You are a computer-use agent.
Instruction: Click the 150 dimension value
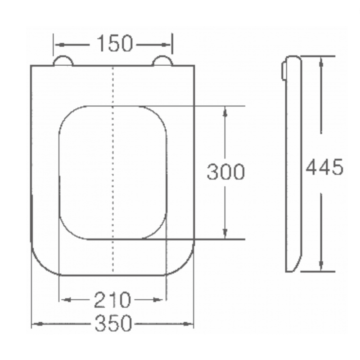(114, 44)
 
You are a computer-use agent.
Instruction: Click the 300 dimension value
(226, 172)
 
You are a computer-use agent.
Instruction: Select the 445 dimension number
(324, 167)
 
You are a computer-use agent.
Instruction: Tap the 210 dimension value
(112, 299)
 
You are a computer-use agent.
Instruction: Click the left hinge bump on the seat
(63, 61)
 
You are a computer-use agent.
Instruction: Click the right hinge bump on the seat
(162, 61)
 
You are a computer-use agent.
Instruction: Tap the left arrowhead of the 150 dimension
(57, 45)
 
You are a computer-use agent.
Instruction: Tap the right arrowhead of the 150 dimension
(169, 45)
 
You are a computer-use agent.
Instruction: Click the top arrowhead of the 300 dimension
(225, 110)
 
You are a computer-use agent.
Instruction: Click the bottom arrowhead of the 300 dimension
(225, 235)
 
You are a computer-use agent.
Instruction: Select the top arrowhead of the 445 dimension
(321, 60)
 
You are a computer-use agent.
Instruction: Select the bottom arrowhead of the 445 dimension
(321, 268)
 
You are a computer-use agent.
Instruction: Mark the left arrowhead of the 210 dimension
(63, 299)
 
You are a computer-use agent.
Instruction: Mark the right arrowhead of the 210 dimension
(163, 299)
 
